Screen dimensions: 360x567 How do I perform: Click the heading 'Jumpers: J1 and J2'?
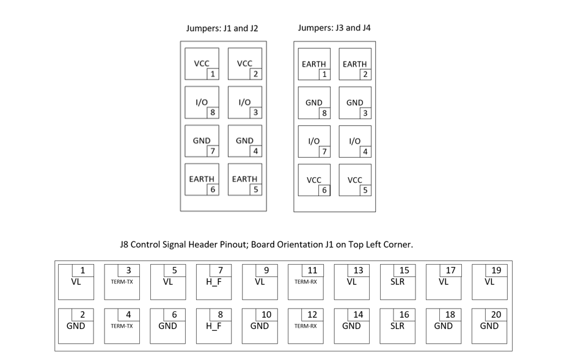222,28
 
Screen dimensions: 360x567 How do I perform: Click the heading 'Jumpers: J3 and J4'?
334,28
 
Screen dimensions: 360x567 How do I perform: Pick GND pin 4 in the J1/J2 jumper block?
245,141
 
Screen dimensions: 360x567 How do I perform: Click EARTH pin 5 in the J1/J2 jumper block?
245,180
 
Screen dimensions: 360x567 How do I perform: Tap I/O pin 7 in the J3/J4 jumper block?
314,142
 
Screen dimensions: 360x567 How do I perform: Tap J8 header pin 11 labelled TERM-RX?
305,282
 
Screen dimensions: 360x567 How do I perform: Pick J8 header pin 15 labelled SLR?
398,282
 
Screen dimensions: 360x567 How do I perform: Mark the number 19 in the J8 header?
497,270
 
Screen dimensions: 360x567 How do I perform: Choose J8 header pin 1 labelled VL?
76,282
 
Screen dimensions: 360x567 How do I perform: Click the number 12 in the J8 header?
312,314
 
